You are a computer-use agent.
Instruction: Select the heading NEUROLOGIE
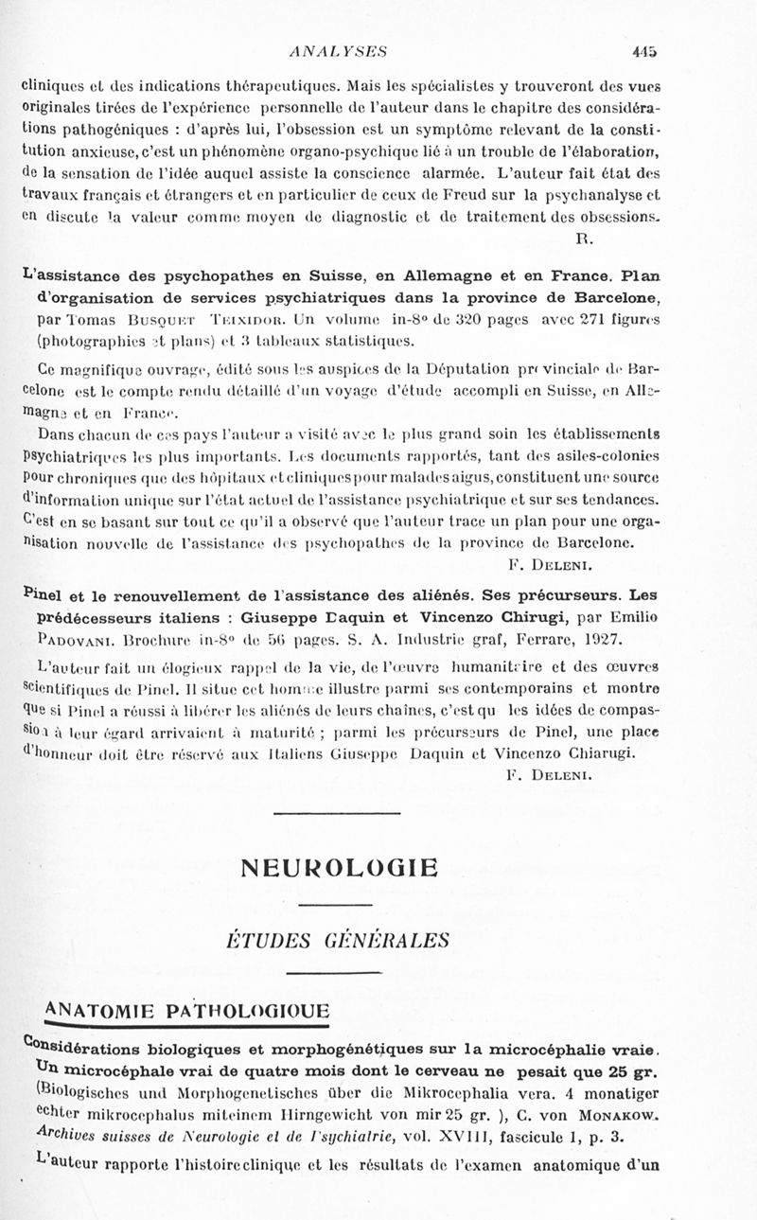(x=340, y=867)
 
